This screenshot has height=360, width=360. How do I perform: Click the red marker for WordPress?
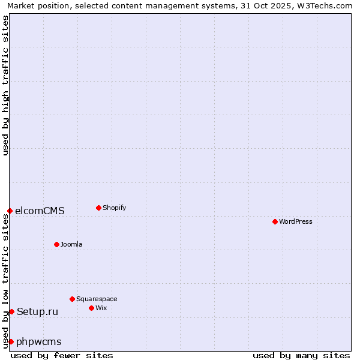pos(275,221)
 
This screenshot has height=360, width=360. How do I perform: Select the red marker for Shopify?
pos(98,208)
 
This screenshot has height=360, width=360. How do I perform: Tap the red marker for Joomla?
pos(56,244)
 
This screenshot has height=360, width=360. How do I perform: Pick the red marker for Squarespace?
pos(72,299)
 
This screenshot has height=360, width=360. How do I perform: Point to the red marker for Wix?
pos(91,308)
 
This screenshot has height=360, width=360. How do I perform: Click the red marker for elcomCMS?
pos(10,211)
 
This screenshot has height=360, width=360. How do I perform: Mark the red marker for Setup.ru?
pos(11,311)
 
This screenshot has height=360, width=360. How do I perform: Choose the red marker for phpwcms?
pos(11,341)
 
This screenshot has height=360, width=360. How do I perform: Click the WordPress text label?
pos(296,221)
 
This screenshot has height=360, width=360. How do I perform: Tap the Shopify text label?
pos(114,208)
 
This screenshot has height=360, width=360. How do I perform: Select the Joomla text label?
pos(71,244)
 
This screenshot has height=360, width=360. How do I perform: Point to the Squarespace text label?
pos(97,299)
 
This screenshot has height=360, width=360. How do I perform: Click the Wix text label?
pos(101,308)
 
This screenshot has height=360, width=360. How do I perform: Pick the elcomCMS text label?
pos(40,211)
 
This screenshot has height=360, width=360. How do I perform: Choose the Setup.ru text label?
pos(38,311)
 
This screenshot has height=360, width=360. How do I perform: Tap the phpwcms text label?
pos(39,341)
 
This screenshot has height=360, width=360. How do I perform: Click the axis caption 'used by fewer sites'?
pos(62,355)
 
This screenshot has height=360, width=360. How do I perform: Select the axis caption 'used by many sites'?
pos(301,355)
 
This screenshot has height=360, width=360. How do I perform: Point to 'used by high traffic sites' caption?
pos(5,85)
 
